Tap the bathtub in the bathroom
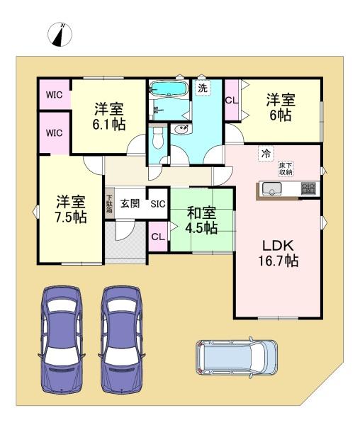click(x=169, y=90)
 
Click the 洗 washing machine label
click(x=203, y=89)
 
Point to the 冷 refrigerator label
click(x=266, y=152)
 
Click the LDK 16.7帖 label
click(x=279, y=253)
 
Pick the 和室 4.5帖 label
click(x=201, y=220)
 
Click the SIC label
click(x=157, y=204)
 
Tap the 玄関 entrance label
click(x=130, y=204)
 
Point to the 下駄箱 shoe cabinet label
click(x=109, y=204)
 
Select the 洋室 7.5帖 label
click(x=72, y=210)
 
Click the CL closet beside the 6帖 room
click(x=231, y=101)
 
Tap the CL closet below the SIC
click(x=157, y=237)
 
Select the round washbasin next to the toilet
click(x=182, y=130)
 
